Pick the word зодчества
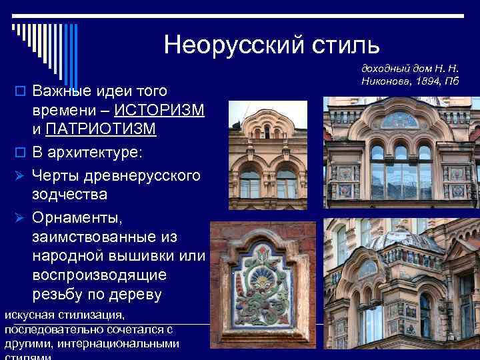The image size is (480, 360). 69,195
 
